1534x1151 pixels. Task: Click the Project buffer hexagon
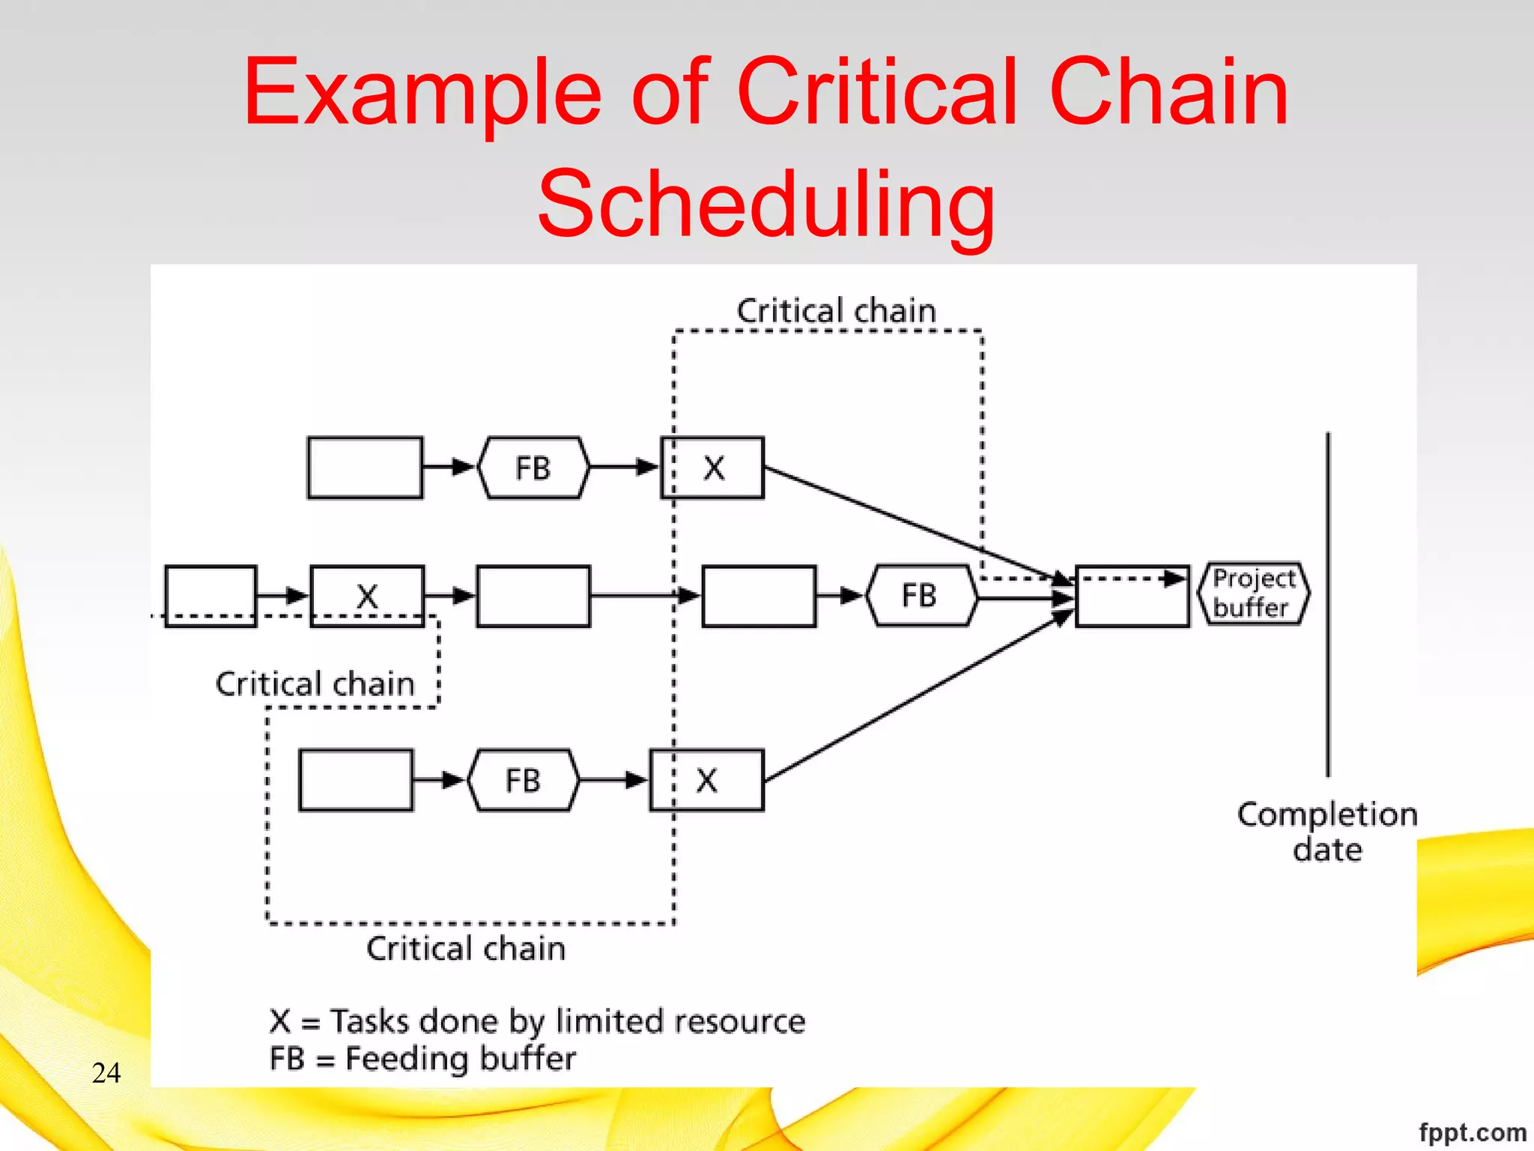coord(1253,593)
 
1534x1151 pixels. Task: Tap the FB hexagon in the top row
coord(533,468)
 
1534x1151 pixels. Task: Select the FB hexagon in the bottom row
coord(523,780)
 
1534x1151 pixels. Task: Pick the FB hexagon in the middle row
coord(921,596)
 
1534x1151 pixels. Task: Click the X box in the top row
coord(712,468)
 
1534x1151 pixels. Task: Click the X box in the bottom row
coord(706,780)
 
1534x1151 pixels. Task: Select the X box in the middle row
coord(367,596)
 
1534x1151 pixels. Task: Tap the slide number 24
coord(106,1072)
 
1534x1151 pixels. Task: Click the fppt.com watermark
coord(1472,1132)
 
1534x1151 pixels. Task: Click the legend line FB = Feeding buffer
coord(422,1059)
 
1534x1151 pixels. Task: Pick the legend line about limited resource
coord(537,1021)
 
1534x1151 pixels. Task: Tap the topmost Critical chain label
coord(836,311)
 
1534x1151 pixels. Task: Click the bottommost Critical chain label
coord(465,949)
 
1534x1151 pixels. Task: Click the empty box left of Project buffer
coord(1132,596)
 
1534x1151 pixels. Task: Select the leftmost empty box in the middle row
coord(210,596)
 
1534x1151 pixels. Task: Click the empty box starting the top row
coord(365,468)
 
